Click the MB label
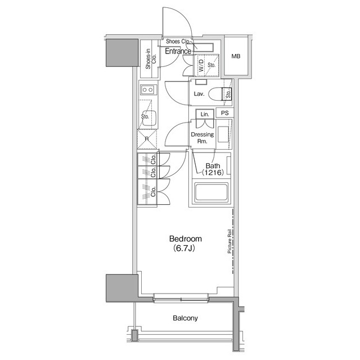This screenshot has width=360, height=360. click(236, 56)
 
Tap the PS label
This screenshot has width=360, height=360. click(225, 113)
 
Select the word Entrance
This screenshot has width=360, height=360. click(178, 51)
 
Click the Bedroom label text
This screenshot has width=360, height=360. click(186, 238)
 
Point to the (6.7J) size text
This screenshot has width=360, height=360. click(184, 248)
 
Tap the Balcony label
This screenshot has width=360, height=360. click(185, 318)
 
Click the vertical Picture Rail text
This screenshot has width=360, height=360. click(229, 241)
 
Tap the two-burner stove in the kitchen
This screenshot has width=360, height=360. click(147, 90)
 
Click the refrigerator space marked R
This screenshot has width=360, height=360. click(147, 139)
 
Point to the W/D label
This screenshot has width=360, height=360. click(201, 65)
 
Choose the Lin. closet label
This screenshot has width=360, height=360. click(205, 114)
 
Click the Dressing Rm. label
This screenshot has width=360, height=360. click(202, 138)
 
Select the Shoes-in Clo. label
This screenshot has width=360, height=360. click(151, 58)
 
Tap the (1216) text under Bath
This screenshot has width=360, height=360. click(213, 173)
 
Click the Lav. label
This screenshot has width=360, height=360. click(199, 94)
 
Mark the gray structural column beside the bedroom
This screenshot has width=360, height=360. click(122, 287)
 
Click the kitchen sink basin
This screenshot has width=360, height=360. click(150, 118)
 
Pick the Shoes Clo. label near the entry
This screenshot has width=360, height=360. click(178, 41)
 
